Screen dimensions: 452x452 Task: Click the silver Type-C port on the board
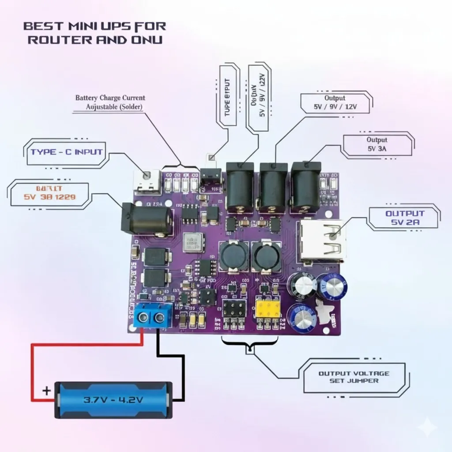[146, 182]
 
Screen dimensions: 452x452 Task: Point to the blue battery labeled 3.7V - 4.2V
[113, 399]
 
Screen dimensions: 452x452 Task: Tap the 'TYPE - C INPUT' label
[67, 152]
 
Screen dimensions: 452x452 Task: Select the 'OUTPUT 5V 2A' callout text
[404, 218]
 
